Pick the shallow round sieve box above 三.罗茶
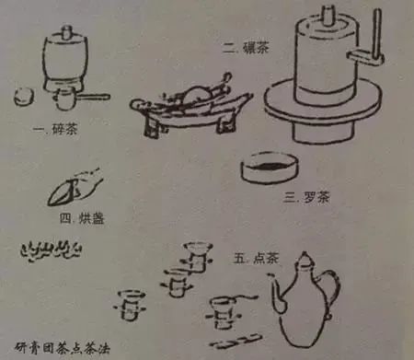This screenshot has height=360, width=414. pyautogui.click(x=268, y=169)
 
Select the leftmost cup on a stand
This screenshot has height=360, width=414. pyautogui.click(x=130, y=301)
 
